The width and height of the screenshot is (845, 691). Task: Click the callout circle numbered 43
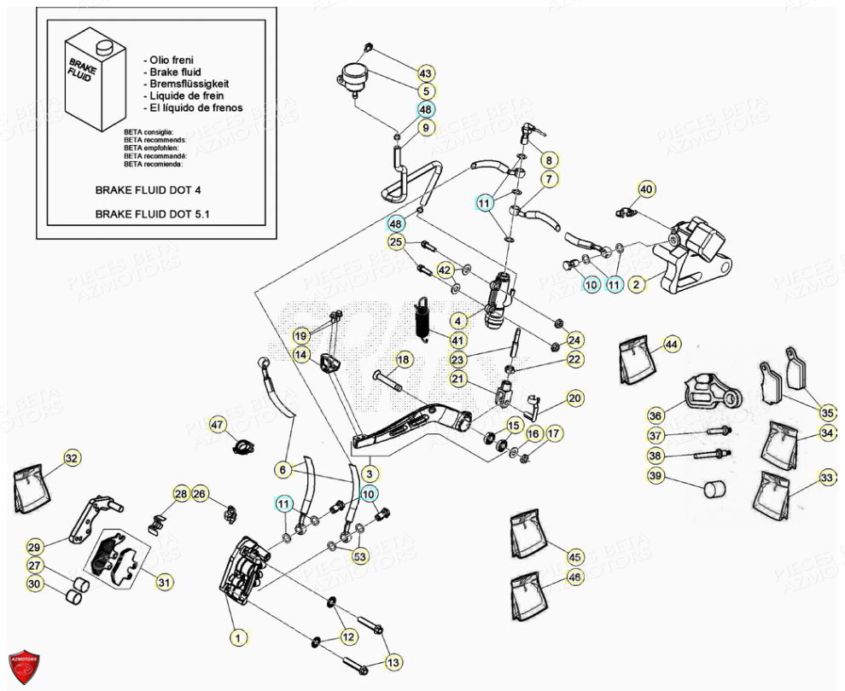(426, 73)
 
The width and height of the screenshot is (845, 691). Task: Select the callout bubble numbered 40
(646, 189)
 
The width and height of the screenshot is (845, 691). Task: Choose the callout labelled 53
(360, 557)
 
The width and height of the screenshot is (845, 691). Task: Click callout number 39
(656, 476)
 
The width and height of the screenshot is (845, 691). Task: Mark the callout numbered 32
(71, 458)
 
